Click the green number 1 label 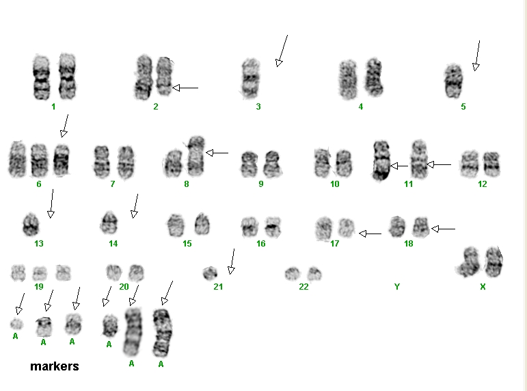[x=53, y=107]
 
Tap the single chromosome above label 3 [x=250, y=79]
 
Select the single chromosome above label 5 [x=453, y=81]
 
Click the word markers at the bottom [x=55, y=366]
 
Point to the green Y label [x=397, y=287]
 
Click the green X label [x=483, y=287]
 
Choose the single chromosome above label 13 [x=31, y=225]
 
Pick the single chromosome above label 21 [x=210, y=273]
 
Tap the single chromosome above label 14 [x=109, y=223]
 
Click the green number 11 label [x=408, y=184]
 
